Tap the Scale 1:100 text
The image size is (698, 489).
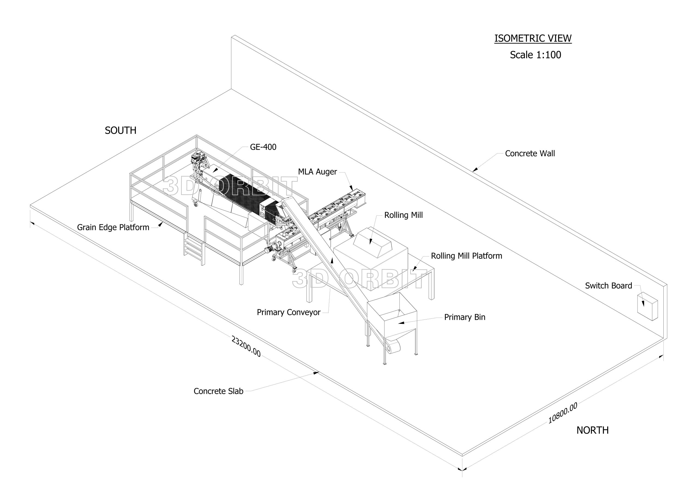(535, 55)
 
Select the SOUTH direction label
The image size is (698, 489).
(121, 130)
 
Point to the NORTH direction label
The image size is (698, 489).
(592, 430)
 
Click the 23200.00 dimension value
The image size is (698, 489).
(246, 346)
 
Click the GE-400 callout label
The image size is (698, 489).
(263, 147)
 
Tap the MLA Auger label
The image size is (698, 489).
(317, 172)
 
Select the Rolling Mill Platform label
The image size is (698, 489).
(466, 256)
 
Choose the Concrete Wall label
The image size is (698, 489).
(529, 153)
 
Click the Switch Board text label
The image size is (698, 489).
(608, 286)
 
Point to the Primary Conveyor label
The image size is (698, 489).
(288, 312)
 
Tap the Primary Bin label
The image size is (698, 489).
(465, 317)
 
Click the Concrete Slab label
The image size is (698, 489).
(218, 391)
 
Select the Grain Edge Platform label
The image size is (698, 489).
(113, 227)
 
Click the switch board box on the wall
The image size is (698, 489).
(647, 306)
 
